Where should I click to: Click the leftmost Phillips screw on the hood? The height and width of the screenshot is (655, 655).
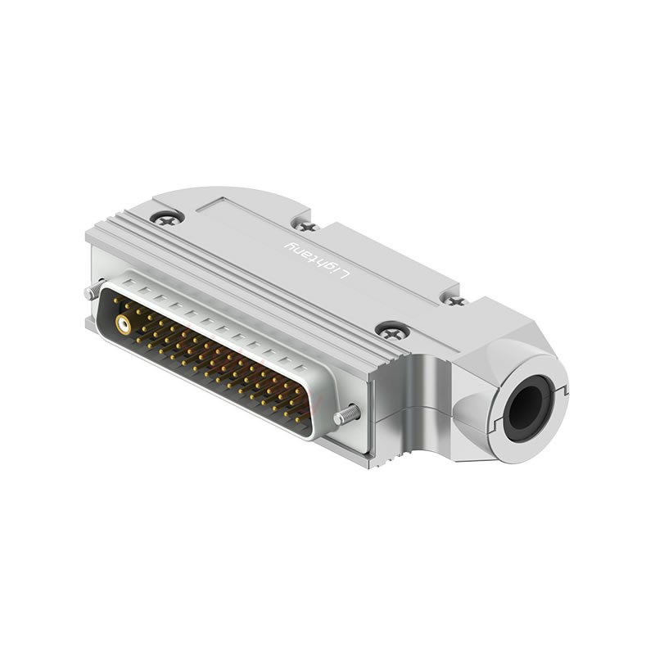[167, 218]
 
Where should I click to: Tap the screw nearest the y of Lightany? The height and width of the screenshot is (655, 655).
[305, 225]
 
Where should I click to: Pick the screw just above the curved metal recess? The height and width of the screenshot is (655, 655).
[394, 332]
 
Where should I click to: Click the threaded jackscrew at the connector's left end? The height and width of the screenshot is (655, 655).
[92, 291]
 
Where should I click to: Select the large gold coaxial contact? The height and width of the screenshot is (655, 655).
[124, 325]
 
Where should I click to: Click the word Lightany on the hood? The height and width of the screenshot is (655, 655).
[316, 260]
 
